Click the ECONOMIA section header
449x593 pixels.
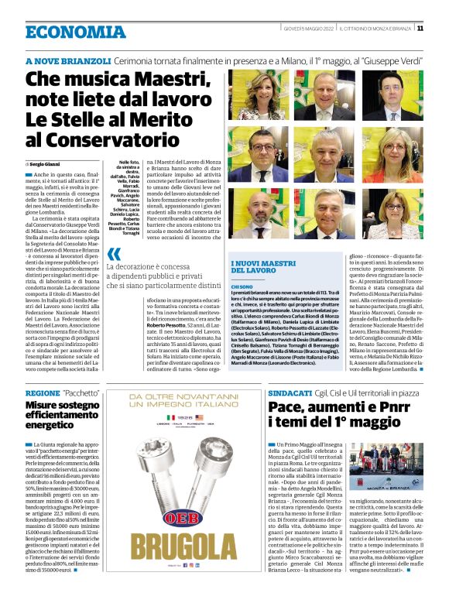pyautogui.click(x=75, y=32)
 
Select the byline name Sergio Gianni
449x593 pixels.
pyautogui.click(x=46, y=165)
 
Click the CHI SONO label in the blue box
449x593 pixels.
pyautogui.click(x=242, y=286)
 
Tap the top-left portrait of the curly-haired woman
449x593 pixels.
pyautogui.click(x=251, y=95)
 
